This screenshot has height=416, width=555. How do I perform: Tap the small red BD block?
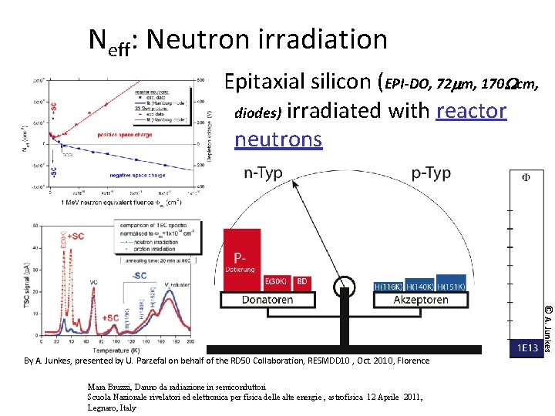[302, 282]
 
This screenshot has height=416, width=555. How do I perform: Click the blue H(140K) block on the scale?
[419, 287]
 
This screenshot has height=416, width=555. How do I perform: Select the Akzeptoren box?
[421, 300]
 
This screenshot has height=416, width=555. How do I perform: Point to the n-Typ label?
[263, 173]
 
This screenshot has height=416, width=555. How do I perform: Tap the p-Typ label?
[431, 173]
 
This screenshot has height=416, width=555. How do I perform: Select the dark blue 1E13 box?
[527, 349]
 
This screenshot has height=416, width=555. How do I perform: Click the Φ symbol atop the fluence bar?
[526, 177]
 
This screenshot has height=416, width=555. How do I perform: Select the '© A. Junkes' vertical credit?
[547, 327]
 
